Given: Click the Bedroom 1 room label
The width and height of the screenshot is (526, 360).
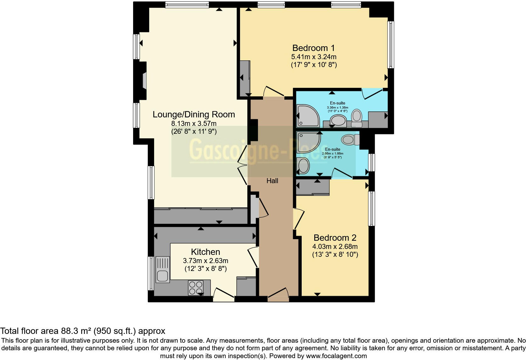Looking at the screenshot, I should point(313,48).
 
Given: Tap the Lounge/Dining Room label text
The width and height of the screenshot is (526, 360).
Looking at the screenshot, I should point(194,115).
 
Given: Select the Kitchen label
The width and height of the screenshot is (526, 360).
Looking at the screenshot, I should point(205,252).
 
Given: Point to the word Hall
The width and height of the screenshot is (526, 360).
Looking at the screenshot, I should point(272,181).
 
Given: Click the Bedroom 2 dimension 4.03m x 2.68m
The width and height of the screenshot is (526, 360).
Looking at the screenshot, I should point(335,247).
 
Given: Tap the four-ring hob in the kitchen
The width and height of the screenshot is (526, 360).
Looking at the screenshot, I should point(195,288).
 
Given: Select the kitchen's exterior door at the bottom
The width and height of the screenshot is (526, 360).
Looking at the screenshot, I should point(224,295).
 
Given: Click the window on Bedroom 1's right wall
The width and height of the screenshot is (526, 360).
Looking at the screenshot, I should point(390,45).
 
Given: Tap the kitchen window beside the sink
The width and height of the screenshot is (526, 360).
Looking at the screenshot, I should point(151,273).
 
